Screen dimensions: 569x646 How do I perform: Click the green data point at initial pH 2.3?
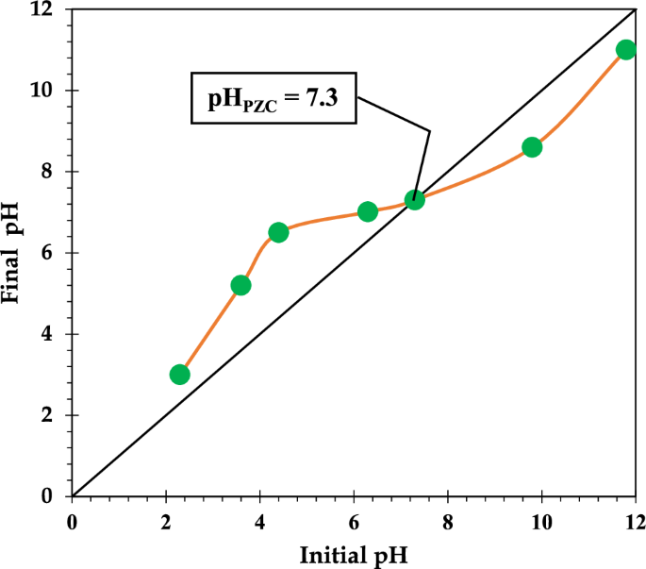(x=180, y=375)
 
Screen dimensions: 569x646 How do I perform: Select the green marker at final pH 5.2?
(x=240, y=285)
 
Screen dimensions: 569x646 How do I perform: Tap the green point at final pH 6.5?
(x=278, y=232)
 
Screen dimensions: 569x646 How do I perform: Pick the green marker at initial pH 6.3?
(x=368, y=211)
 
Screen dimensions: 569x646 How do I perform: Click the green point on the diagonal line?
(x=415, y=200)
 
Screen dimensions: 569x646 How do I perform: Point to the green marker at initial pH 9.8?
(x=532, y=147)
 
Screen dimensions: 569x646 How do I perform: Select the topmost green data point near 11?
(x=625, y=50)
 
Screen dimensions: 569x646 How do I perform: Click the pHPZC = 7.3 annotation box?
(x=273, y=97)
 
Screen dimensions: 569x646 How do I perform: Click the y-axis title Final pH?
(x=13, y=253)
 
